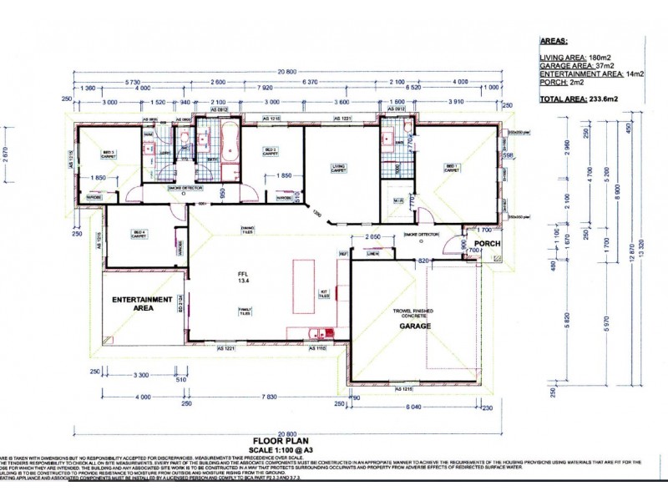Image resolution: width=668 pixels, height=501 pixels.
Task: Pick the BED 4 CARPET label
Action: (138, 235)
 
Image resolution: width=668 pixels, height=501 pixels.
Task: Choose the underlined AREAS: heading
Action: (554, 38)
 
